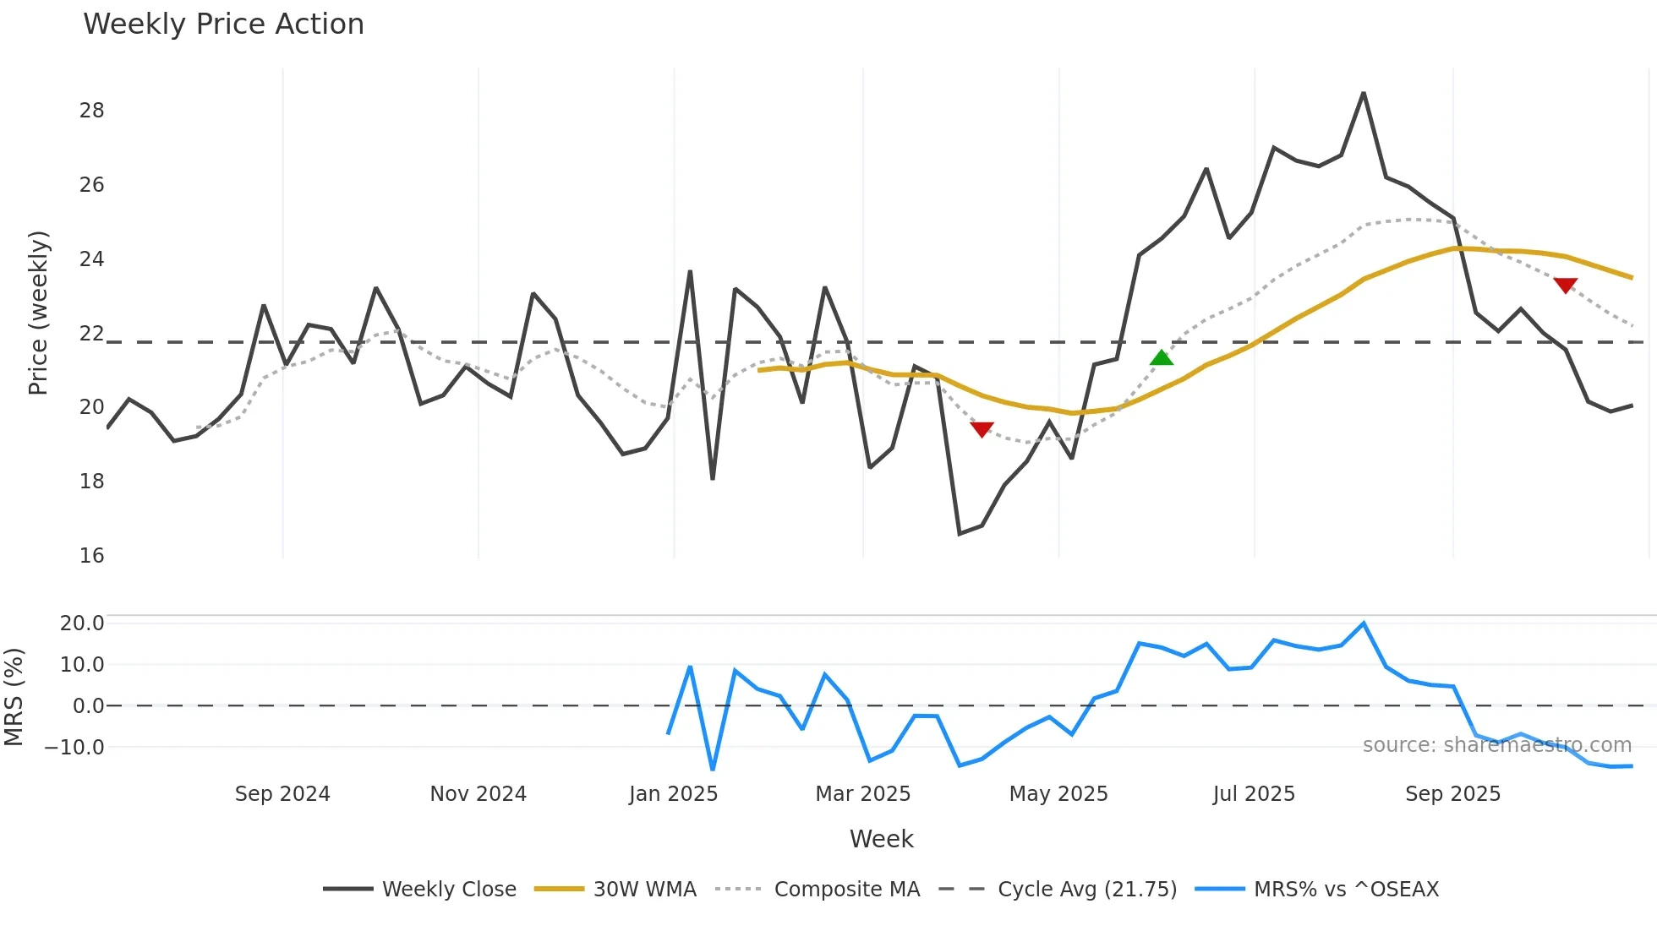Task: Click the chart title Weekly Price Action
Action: pos(223,24)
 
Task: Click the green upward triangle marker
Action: pos(1162,357)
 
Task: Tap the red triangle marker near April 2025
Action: pos(982,429)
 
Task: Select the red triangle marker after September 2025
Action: pos(1565,286)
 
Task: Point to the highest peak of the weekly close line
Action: pos(1364,94)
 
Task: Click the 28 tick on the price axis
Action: pos(91,111)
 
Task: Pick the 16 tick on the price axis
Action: pos(91,556)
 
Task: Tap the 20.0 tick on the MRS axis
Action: pos(82,623)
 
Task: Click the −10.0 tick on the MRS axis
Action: pos(74,748)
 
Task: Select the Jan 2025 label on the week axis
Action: pos(673,794)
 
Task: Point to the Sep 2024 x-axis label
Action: pos(282,794)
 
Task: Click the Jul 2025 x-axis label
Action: pos(1254,794)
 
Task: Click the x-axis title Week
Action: pos(881,839)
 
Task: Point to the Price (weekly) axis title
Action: pos(38,313)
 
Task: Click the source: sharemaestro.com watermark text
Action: pos(1496,745)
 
